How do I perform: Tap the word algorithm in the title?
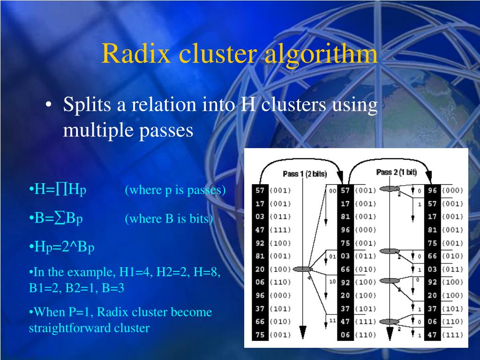click(321, 53)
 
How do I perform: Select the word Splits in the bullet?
click(88, 105)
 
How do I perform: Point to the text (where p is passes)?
click(175, 190)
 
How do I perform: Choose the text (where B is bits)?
click(169, 219)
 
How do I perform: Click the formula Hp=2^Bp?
click(62, 247)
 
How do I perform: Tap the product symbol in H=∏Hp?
click(61, 190)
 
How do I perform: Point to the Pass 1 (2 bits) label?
click(305, 174)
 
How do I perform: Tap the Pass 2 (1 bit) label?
click(397, 172)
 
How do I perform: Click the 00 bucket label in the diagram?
click(332, 191)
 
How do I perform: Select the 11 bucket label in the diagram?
click(332, 320)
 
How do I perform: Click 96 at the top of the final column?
click(432, 191)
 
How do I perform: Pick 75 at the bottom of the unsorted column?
click(260, 335)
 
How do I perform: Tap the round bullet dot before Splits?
click(49, 105)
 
